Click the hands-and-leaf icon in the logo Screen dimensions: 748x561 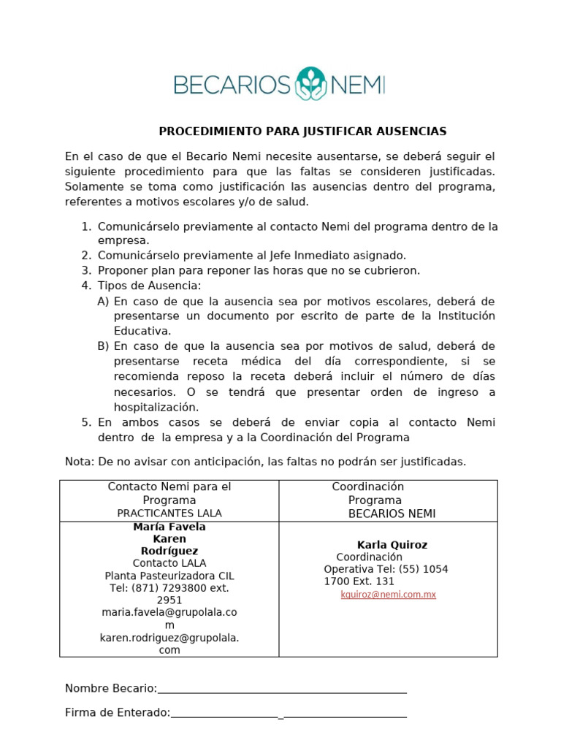coord(310,85)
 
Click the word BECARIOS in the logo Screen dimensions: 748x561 coord(232,85)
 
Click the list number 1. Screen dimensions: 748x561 coord(86,226)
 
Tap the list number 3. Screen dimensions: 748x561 coord(86,270)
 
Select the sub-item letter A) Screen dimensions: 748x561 coord(103,301)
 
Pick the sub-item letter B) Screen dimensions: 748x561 coord(103,346)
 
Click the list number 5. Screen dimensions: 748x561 coord(86,422)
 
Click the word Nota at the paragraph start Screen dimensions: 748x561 coord(78,462)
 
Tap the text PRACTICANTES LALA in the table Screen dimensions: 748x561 coord(169,514)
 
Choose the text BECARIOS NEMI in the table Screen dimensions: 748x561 coord(392,514)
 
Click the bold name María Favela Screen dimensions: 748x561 coord(169,527)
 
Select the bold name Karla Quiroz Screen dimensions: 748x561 coord(392,545)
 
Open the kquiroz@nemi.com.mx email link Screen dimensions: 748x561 coord(388,595)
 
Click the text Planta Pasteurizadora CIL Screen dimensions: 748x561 coord(169,576)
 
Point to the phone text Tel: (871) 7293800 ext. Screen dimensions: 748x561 coord(169,588)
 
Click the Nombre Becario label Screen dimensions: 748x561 coord(110,688)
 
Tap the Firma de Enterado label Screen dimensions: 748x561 coord(117,713)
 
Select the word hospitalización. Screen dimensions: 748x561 coord(156,407)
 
